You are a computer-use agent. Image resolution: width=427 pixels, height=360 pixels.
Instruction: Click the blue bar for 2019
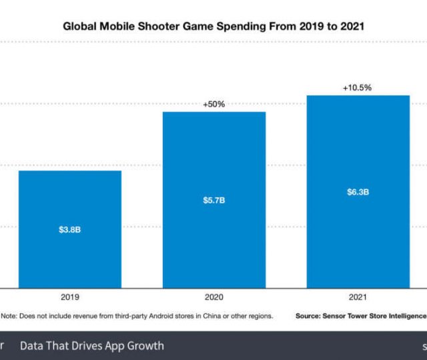point(70,200)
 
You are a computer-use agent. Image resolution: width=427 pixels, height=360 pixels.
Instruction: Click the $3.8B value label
point(70,229)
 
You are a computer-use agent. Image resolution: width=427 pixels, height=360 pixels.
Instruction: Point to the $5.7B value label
point(214,200)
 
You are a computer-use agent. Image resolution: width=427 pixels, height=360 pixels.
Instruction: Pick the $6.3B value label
point(358,192)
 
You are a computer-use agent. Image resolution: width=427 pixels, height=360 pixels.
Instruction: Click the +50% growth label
point(214,104)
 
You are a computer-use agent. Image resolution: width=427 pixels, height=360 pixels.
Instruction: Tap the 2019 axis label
point(70,298)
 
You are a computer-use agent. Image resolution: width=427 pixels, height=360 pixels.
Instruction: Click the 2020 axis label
point(214,298)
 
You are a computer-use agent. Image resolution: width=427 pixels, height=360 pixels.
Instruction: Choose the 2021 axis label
point(358,298)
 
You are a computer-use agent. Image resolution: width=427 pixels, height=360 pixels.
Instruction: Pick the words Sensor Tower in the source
point(352,316)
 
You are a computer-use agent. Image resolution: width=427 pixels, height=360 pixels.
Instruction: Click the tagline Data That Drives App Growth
point(91,346)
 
